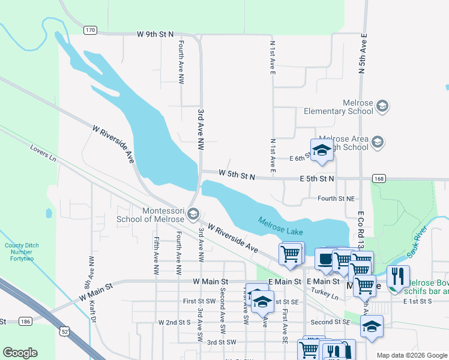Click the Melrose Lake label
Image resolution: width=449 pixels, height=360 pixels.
click(281, 226)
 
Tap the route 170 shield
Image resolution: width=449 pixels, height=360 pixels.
click(90, 30)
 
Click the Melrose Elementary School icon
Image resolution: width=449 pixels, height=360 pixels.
click(382, 107)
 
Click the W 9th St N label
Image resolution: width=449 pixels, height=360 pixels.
click(155, 34)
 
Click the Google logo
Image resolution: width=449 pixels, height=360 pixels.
click(20, 353)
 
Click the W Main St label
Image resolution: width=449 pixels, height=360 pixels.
click(211, 281)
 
